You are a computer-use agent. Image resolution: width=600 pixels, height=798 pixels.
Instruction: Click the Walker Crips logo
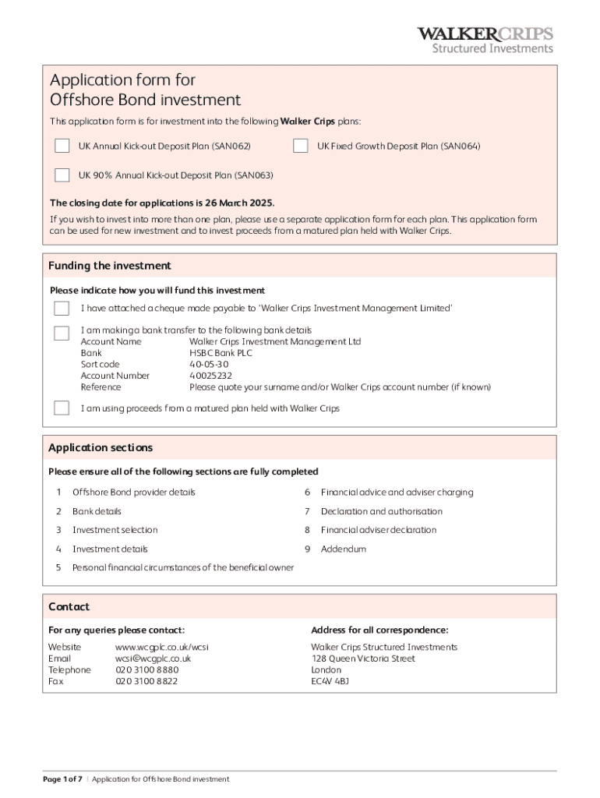[x=485, y=40]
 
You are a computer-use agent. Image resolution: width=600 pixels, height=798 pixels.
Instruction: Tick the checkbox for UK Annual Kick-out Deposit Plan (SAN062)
[x=62, y=146]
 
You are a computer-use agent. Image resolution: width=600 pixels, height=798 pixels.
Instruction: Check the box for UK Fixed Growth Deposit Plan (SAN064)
[x=300, y=146]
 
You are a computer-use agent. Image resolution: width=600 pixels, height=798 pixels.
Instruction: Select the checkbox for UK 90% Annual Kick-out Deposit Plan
[x=62, y=175]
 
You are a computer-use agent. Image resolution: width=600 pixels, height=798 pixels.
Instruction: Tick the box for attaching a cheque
[x=62, y=309]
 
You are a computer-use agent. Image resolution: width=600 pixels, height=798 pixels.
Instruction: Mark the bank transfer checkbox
[x=62, y=333]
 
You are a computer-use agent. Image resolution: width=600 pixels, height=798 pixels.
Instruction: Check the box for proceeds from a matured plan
[x=62, y=408]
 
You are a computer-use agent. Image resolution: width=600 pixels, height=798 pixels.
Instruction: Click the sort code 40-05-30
[x=209, y=364]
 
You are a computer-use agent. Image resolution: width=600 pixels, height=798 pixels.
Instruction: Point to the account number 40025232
[x=210, y=376]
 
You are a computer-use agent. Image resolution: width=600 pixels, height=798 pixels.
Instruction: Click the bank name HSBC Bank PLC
[x=221, y=353]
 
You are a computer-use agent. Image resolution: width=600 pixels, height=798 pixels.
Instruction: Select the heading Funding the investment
[x=110, y=266]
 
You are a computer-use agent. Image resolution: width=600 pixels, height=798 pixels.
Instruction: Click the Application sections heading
[x=101, y=447]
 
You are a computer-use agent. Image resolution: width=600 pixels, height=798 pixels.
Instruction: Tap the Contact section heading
[x=69, y=606]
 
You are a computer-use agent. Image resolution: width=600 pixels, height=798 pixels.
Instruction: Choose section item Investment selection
[x=115, y=530]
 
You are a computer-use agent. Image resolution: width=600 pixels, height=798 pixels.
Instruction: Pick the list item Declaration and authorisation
[x=381, y=511]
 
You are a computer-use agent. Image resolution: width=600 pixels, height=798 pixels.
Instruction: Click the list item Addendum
[x=343, y=549]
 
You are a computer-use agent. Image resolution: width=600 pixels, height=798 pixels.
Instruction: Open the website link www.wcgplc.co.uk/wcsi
[x=161, y=648]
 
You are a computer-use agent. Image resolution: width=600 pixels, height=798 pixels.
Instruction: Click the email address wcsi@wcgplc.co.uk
[x=153, y=659]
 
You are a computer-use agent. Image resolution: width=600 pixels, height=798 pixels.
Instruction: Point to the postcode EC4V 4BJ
[x=330, y=681]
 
